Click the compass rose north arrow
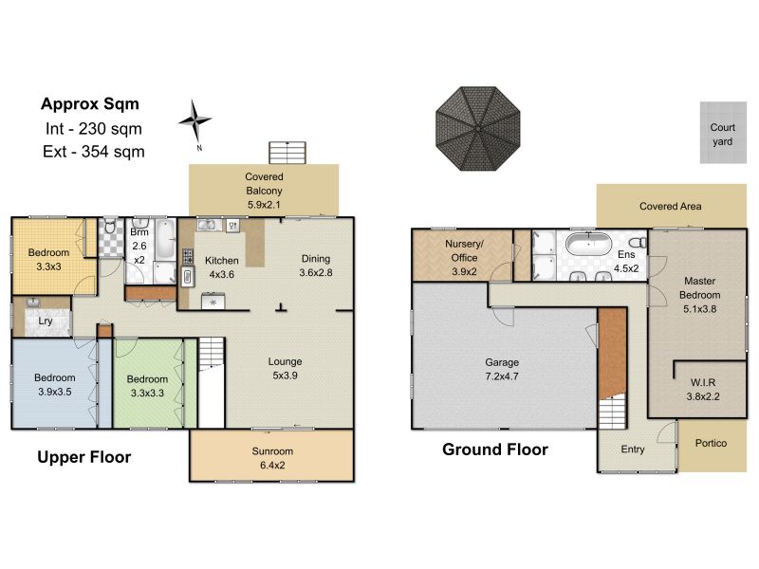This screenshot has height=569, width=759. click(x=194, y=121)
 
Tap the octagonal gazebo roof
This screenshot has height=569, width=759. click(x=478, y=129)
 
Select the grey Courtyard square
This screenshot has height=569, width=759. click(x=723, y=133)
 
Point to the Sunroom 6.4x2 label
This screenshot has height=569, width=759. click(x=272, y=458)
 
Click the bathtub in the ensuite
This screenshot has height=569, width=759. click(x=589, y=245)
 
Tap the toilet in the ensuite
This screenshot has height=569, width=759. click(x=638, y=243)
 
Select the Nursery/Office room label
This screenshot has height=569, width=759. click(x=464, y=257)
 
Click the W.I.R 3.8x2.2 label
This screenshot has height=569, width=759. click(x=703, y=390)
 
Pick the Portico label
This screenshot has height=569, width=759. click(x=711, y=443)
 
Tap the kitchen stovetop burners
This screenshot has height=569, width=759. click(x=188, y=257)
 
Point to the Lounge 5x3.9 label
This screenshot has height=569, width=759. click(x=286, y=368)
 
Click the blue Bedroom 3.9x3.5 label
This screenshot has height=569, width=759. click(x=55, y=385)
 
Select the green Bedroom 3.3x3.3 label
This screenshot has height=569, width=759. click(x=147, y=386)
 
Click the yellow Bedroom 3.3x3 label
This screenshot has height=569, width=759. click(x=48, y=259)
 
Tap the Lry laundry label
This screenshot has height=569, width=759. click(x=45, y=321)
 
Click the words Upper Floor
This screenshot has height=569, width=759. click(x=84, y=457)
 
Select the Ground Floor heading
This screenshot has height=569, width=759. click(x=495, y=450)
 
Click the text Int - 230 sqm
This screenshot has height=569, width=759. click(x=93, y=129)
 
